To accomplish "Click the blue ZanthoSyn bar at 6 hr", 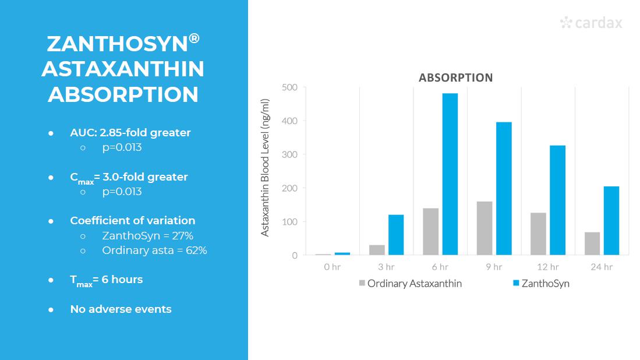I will [450, 174].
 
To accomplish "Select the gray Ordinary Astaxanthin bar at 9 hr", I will [484, 228].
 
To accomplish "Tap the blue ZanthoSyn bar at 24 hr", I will [611, 221].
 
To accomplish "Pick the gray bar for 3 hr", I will [377, 250].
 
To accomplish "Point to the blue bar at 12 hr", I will [557, 200].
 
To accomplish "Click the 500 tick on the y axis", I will [290, 87].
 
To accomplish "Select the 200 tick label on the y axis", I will [290, 188].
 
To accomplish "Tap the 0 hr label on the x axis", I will [332, 267].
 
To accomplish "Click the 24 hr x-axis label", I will [602, 267].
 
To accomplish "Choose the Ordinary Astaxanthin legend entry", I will [410, 284].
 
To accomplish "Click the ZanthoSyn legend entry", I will [540, 284].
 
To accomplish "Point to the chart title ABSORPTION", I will [455, 77].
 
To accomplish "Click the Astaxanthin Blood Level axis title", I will [266, 168].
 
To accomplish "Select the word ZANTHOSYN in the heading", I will [117, 44].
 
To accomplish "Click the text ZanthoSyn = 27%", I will [147, 236].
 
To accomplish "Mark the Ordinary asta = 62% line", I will [154, 250].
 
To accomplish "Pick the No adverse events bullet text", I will [121, 309].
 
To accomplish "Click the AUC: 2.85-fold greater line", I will [130, 133].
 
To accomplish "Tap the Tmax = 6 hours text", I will [106, 280].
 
